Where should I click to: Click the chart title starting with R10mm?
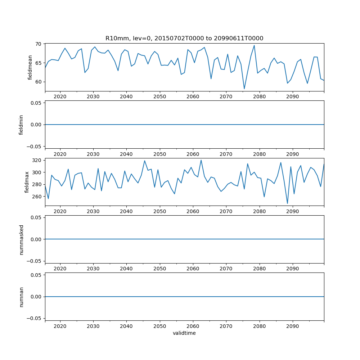(x=184, y=38)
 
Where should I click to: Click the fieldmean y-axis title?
(x=30, y=67)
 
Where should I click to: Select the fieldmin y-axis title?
(x=21, y=125)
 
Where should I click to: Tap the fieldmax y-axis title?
(x=27, y=182)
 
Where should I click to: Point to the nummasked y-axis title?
(x=21, y=239)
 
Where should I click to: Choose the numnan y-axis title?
(x=21, y=297)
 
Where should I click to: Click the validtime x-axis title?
(x=184, y=333)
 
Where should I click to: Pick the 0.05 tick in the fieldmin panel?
(x=36, y=103)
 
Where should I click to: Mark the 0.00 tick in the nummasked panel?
(x=36, y=239)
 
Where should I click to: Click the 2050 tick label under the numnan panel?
(x=159, y=326)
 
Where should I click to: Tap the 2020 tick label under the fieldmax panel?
(x=60, y=211)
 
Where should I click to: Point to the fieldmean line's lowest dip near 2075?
(x=244, y=89)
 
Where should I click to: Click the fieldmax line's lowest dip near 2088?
(x=287, y=203)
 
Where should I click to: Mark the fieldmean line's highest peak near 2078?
(x=254, y=45)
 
